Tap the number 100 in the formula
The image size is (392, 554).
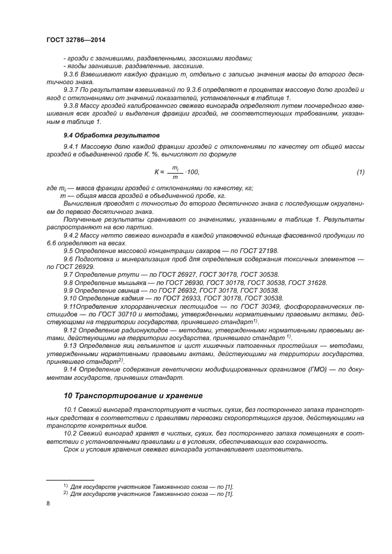[192, 172]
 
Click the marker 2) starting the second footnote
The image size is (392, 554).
[66, 493]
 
